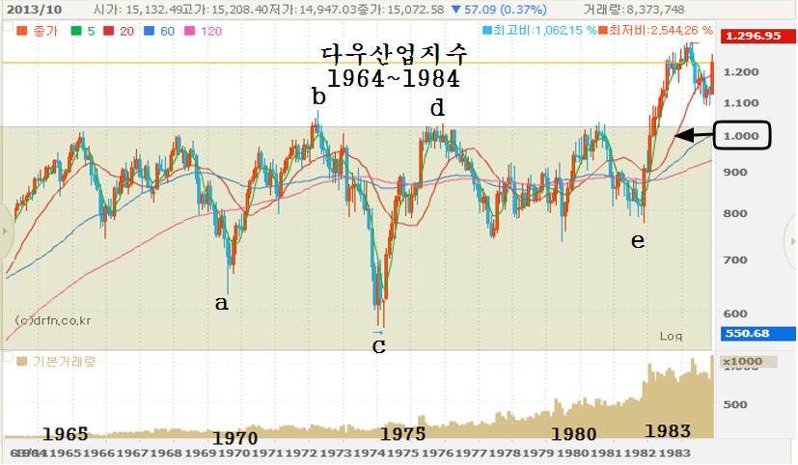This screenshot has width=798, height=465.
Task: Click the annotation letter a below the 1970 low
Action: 222,303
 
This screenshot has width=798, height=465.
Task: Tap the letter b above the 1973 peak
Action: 318,96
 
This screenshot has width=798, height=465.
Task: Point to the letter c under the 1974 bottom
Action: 378,345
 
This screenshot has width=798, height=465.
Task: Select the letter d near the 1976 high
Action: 437,108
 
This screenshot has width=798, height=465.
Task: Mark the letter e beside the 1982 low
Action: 637,240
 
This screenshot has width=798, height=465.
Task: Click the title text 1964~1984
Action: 393,77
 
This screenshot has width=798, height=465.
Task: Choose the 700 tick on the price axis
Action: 737,260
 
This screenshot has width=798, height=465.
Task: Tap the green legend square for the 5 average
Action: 77,32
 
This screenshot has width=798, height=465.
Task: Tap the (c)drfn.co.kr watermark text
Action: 54,320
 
